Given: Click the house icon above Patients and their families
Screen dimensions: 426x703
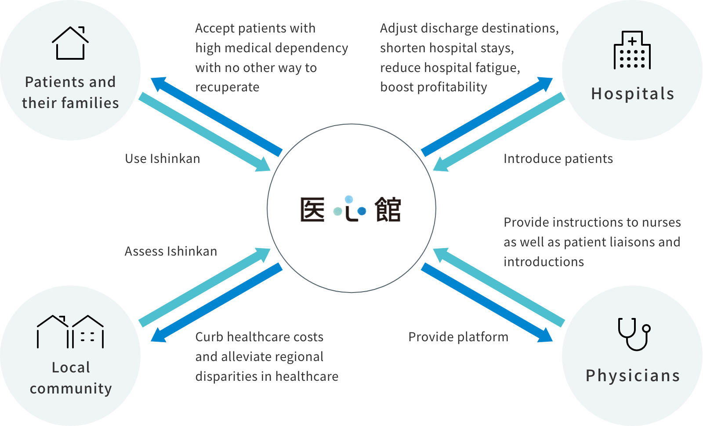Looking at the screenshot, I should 70,43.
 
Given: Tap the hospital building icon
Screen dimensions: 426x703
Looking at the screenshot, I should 632,50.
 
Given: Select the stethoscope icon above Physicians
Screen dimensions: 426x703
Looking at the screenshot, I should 634,334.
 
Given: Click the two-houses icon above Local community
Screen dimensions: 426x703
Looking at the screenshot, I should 70,332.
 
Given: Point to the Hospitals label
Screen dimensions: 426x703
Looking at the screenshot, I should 632,94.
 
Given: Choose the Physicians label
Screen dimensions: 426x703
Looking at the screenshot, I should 633,376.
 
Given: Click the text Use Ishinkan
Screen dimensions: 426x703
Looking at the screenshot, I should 163,159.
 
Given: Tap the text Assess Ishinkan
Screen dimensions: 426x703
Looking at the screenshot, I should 171,251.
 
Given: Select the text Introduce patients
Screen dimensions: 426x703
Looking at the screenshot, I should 558,159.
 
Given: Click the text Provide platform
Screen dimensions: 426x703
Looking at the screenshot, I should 458,337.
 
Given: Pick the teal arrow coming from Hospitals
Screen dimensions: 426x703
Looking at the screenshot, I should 499,132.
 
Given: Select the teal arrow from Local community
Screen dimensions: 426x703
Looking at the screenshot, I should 204,287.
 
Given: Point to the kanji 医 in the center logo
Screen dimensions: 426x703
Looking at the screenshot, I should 312,209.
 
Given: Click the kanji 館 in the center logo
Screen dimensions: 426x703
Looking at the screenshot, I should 388,209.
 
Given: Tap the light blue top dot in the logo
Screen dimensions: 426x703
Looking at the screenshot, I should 349,200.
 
